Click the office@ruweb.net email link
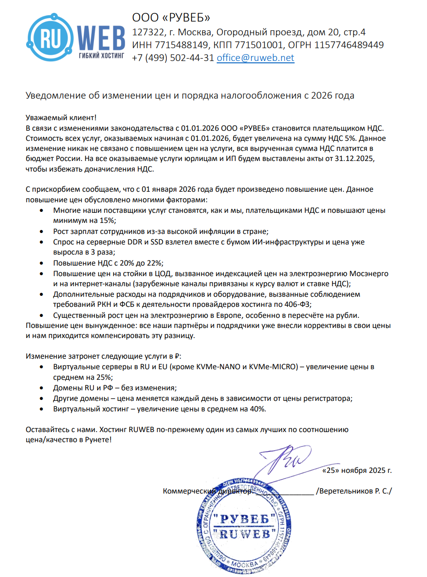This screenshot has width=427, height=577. coord(255,58)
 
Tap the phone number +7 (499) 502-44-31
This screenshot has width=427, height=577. coord(173,58)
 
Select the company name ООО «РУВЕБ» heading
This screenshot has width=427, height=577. coord(171,17)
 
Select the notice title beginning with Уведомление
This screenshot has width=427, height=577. coord(190,95)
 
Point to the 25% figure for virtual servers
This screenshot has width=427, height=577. coord(103,377)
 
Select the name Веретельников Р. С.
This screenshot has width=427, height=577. coord(354,491)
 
